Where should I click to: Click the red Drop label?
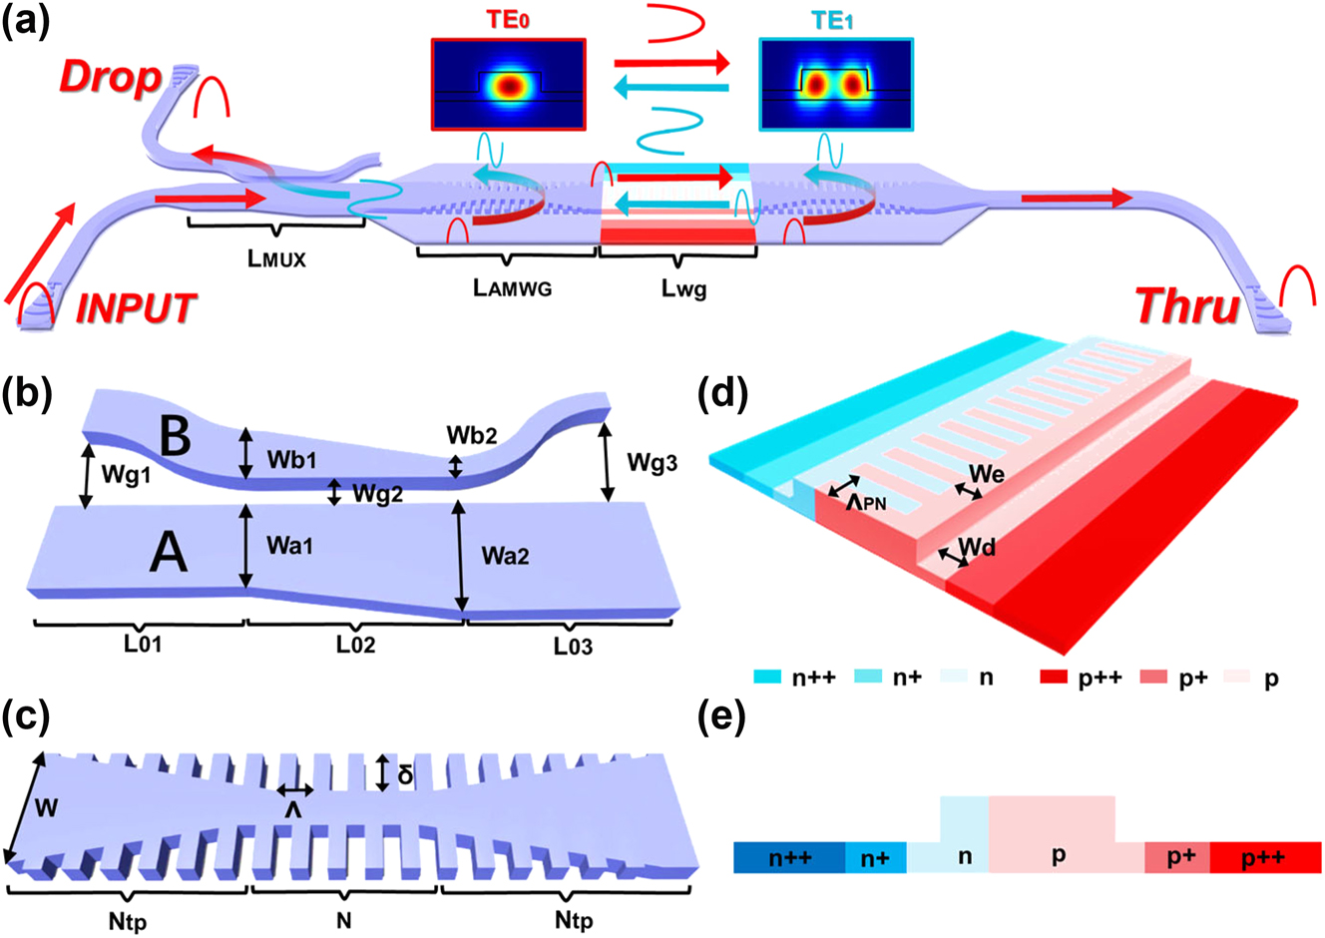click(110, 78)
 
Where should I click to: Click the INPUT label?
click(137, 308)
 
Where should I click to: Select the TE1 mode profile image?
click(835, 85)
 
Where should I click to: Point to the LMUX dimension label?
click(276, 258)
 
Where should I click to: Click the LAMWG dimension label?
click(512, 287)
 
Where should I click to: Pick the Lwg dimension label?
click(683, 289)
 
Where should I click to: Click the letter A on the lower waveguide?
click(168, 551)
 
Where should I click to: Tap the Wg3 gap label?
click(653, 462)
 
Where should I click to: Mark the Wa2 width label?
click(505, 556)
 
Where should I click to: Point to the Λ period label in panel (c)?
click(294, 810)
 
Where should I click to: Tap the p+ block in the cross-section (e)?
click(1181, 857)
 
